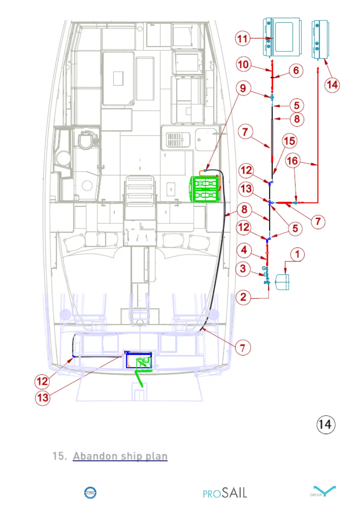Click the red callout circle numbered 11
242,39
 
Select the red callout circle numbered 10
243,64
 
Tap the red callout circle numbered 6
296,70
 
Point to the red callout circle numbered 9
243,88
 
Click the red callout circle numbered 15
290,141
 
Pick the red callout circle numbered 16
292,161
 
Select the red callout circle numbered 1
297,254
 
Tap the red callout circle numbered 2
243,297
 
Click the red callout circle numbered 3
243,269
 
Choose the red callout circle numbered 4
244,250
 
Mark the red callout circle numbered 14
332,85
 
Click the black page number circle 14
326,424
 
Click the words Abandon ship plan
120,456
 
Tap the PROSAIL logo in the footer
225,493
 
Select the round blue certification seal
90,493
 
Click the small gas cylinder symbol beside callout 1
282,282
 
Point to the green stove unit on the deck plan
205,189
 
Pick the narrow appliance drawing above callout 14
320,39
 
